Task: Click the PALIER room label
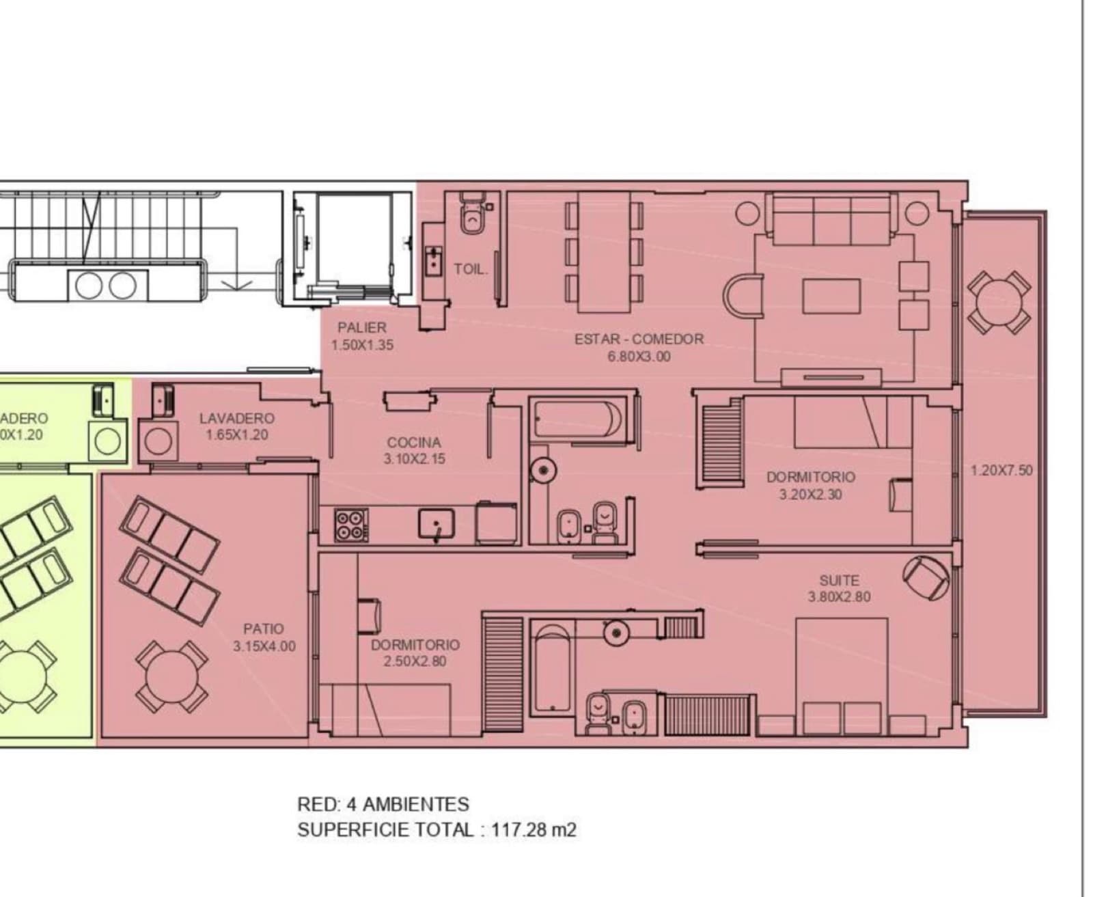coord(362,327)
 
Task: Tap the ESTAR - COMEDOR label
coord(639,339)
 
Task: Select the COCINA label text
coord(413,442)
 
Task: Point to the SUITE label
coord(839,580)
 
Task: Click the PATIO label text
coord(263,629)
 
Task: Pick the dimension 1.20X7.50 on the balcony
coord(1001,471)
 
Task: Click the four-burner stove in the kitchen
coord(351,525)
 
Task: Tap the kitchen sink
coord(437,524)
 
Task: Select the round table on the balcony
coord(999,303)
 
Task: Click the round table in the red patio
coord(171,677)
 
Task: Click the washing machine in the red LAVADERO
coord(158,441)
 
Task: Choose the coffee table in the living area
coord(831,296)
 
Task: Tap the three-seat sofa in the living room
coord(831,219)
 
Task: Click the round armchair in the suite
coord(926,579)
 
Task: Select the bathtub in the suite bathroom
coord(552,668)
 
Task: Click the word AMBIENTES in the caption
coord(415,804)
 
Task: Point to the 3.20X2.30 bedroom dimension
coord(811,495)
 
